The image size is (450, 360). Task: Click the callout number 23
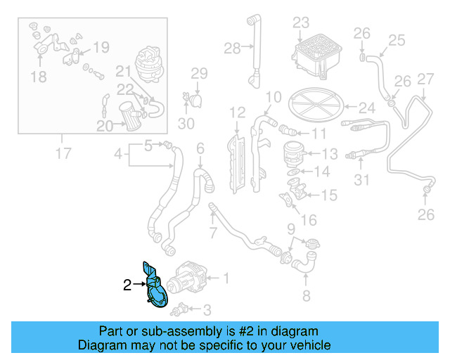(x=301, y=22)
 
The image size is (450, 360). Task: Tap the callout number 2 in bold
(x=127, y=285)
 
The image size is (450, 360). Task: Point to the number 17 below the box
(x=63, y=153)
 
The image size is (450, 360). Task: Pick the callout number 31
(x=361, y=181)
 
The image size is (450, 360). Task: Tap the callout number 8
(x=306, y=295)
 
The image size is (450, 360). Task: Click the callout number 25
(x=397, y=40)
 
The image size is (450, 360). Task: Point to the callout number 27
(x=426, y=79)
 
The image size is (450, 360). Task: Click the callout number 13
(x=330, y=153)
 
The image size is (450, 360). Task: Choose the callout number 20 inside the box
(x=105, y=126)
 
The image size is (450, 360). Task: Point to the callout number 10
(x=274, y=96)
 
